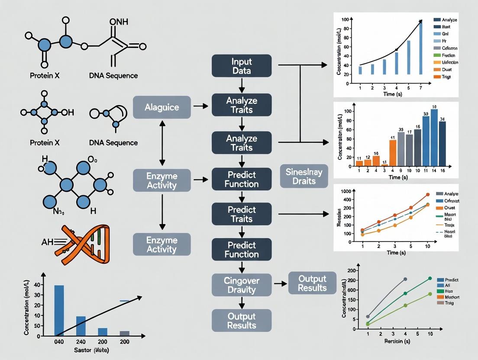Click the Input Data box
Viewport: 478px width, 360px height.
pos(242,65)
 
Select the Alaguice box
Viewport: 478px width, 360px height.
pos(161,107)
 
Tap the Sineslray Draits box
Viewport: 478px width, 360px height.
pos(304,176)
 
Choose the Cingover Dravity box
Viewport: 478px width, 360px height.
pos(242,285)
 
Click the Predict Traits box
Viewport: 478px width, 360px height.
pos(242,214)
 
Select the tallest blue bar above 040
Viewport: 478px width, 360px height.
pos(59,310)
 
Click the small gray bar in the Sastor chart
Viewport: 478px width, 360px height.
pos(124,333)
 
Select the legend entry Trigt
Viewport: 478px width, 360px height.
pos(446,77)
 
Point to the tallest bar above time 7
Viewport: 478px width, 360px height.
pos(420,48)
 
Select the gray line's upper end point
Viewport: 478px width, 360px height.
pos(405,279)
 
